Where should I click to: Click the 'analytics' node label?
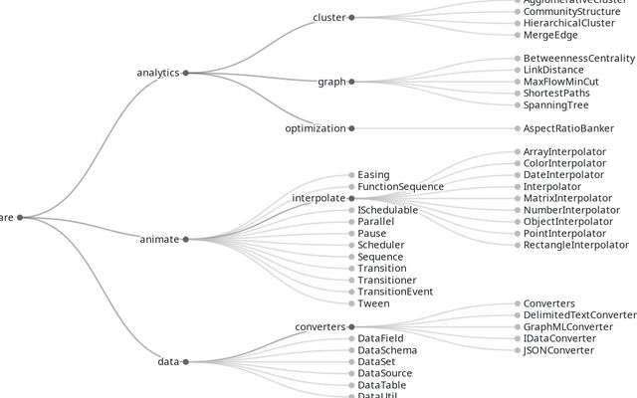[157, 73]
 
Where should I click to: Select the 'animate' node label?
[159, 239]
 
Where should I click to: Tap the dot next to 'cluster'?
[351, 17]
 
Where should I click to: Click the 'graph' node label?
[331, 82]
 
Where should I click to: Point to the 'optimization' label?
[316, 128]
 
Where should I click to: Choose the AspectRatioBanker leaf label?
[569, 128]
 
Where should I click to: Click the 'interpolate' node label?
[318, 198]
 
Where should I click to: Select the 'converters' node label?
[319, 326]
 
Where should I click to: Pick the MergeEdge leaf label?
[550, 35]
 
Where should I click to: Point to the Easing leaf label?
[373, 175]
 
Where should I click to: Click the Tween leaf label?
[373, 303]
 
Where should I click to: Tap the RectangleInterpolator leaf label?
[576, 245]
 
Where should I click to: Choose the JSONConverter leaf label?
[558, 350]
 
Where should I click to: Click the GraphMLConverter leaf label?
[567, 326]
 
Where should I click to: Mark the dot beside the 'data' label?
[185, 361]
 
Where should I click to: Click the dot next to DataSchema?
[351, 350]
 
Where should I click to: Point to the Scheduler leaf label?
[381, 245]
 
